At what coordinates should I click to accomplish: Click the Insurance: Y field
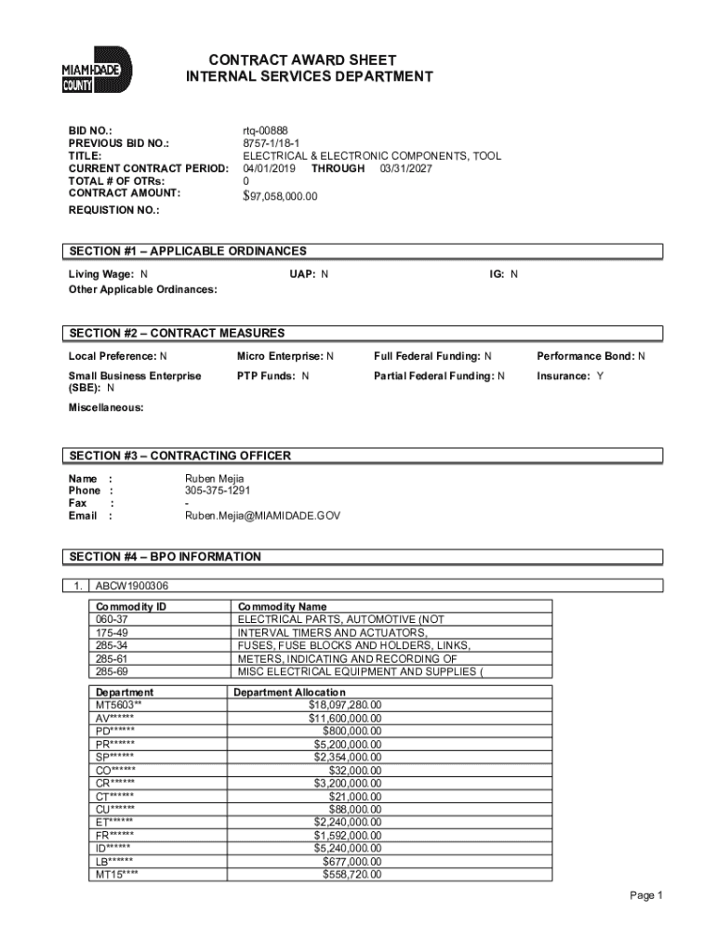click(570, 376)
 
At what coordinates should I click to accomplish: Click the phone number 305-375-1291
click(218, 490)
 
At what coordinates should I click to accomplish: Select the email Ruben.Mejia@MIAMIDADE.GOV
click(262, 515)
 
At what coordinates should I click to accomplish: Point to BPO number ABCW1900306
click(132, 587)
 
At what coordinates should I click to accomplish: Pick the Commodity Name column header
click(283, 607)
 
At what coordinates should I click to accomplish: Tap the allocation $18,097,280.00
click(345, 705)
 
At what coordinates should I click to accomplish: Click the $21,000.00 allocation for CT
click(355, 796)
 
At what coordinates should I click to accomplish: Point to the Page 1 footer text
click(645, 895)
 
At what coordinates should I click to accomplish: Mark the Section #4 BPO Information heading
click(166, 557)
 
